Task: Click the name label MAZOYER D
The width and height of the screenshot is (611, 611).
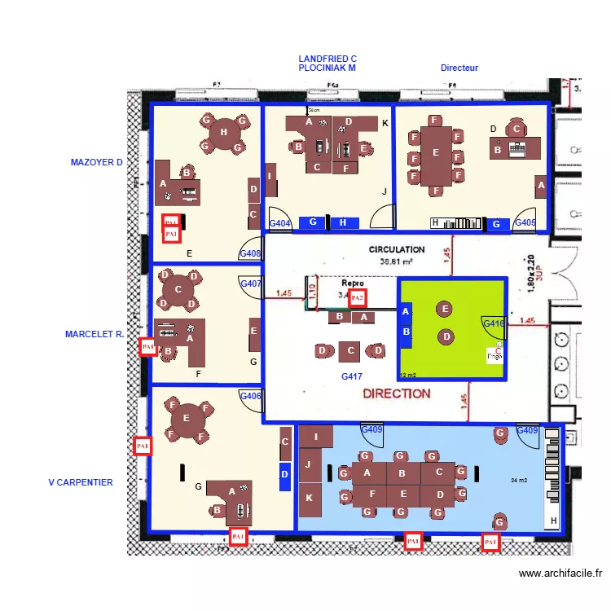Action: (x=96, y=162)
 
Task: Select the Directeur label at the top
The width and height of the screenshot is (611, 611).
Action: (x=459, y=68)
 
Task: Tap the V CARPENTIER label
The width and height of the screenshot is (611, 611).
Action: (x=81, y=482)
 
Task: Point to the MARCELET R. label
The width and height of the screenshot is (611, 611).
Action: (x=95, y=334)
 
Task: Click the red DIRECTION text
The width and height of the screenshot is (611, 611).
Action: (x=397, y=393)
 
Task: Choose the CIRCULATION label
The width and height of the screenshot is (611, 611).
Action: (x=397, y=249)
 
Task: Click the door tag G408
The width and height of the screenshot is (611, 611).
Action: (x=250, y=253)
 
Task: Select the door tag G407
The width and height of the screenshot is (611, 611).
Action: (x=250, y=284)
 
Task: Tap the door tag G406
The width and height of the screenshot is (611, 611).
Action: (x=250, y=396)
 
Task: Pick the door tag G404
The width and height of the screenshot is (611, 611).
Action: (x=279, y=223)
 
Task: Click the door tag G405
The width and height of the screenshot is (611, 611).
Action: (x=525, y=222)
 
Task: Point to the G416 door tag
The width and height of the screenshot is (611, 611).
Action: (x=495, y=323)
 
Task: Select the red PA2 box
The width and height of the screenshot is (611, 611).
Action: (x=357, y=298)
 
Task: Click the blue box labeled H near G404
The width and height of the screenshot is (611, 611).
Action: (x=344, y=222)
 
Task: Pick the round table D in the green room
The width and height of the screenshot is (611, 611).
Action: (x=446, y=336)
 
